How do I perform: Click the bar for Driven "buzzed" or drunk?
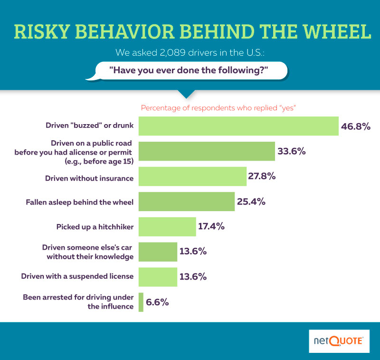pos(238,126)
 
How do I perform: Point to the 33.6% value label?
pos(291,152)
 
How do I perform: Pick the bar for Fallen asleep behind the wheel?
pos(187,202)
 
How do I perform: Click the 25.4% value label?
pos(251,202)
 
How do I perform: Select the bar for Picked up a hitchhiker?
pos(167,226)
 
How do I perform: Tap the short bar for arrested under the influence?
pos(141,302)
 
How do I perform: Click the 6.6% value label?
pos(158,302)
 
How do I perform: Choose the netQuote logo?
pos(339,341)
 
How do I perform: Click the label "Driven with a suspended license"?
pos(77,276)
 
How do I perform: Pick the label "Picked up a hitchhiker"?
pos(95,227)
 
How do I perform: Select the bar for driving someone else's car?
pos(158,252)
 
